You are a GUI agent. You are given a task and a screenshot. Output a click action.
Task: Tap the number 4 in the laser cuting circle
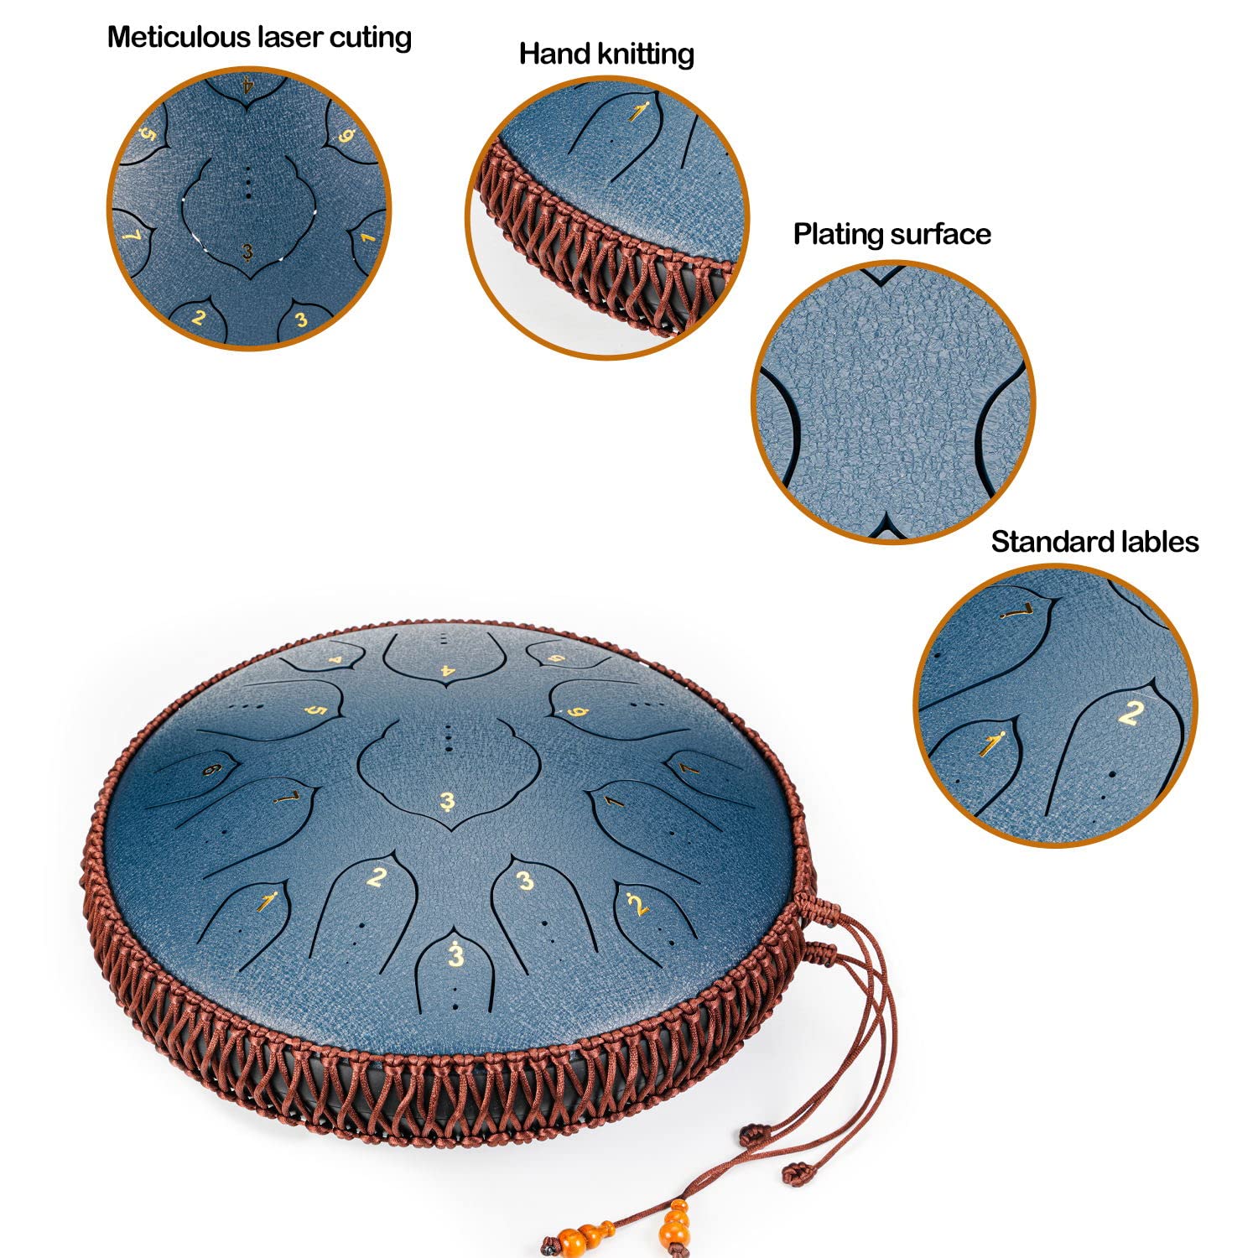[247, 85]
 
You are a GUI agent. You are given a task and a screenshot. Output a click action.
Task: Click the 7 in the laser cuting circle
[132, 236]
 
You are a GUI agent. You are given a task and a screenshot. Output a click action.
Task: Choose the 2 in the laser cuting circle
[199, 317]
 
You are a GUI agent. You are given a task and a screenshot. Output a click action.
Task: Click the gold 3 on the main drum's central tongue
[447, 802]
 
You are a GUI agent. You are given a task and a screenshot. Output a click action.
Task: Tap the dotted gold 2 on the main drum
[637, 904]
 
